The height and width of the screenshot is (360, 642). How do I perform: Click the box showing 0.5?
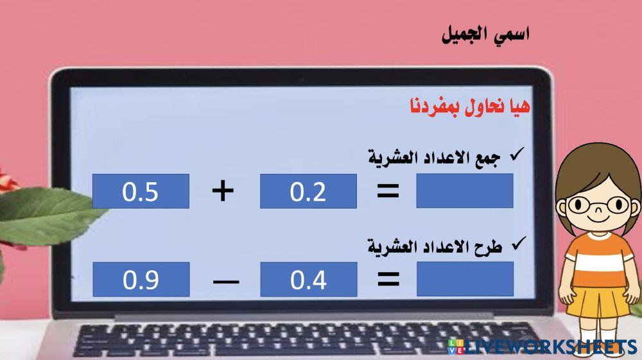click(141, 191)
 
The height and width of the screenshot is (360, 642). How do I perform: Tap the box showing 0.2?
click(308, 191)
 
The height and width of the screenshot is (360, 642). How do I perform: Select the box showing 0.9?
click(141, 279)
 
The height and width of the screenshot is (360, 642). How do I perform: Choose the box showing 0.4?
click(308, 279)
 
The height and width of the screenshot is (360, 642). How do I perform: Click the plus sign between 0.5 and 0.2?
click(223, 191)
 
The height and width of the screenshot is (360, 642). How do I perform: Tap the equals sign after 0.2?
click(388, 191)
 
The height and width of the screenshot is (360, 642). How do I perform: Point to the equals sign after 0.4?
click(388, 279)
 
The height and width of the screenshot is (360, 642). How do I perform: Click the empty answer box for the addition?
click(464, 191)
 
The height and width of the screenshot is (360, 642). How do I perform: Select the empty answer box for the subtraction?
click(465, 279)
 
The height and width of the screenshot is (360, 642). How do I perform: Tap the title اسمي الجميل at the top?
click(485, 35)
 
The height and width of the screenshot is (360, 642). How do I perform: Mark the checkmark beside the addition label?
click(515, 155)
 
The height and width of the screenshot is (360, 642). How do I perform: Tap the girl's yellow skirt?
click(596, 301)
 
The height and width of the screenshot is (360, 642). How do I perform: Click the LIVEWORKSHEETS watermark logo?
click(542, 347)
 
